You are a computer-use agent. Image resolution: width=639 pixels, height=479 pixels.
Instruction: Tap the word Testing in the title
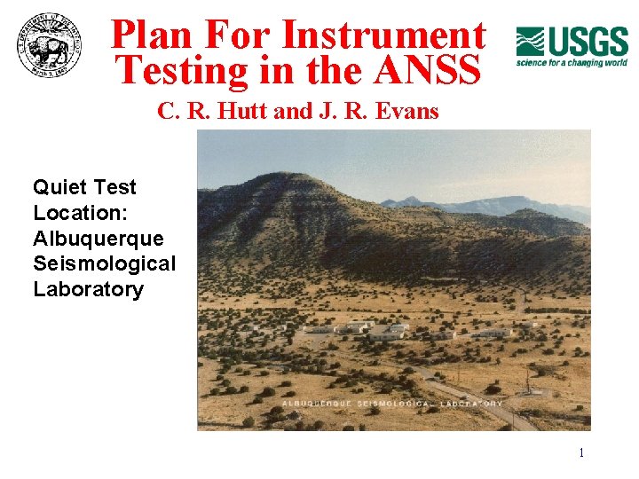pos(183,70)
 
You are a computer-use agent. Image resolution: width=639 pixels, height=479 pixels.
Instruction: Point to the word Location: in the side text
pos(71,213)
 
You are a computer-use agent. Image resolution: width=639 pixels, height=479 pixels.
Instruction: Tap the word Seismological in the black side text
pos(105,264)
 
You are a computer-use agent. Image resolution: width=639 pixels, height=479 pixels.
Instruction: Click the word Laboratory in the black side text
pos(88,290)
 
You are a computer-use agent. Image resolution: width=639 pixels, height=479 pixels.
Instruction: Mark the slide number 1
pos(581,453)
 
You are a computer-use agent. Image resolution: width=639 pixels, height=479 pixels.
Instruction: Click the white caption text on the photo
pos(392,404)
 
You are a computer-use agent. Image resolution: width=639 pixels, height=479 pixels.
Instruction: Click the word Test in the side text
pos(115,187)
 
